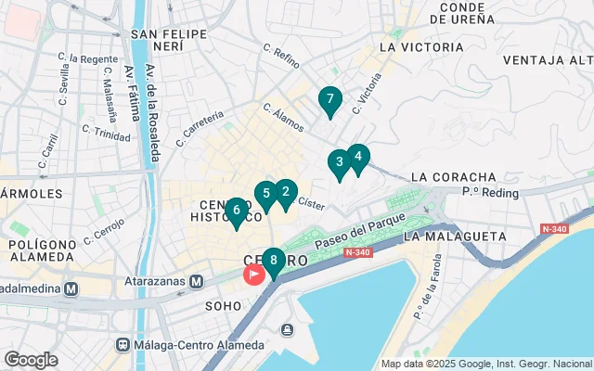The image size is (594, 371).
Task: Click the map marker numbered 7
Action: point(329,99)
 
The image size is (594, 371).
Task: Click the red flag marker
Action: point(253,275)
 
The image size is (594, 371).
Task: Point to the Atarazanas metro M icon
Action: point(197,281)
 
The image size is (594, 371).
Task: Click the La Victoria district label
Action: point(421,46)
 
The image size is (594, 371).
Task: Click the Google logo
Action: point(31,359)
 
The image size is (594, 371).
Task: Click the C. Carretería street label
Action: point(200,129)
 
